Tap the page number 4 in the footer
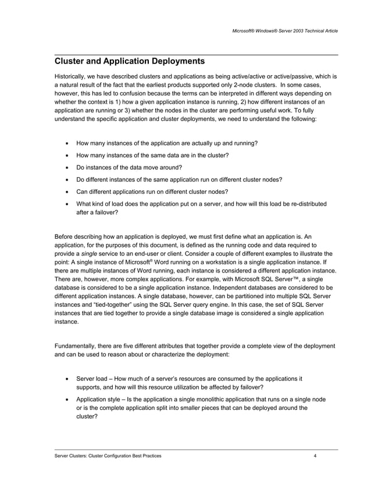pyautogui.click(x=315, y=456)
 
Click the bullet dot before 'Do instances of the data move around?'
pyautogui.click(x=69, y=168)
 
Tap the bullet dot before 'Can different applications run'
pyautogui.click(x=69, y=192)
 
